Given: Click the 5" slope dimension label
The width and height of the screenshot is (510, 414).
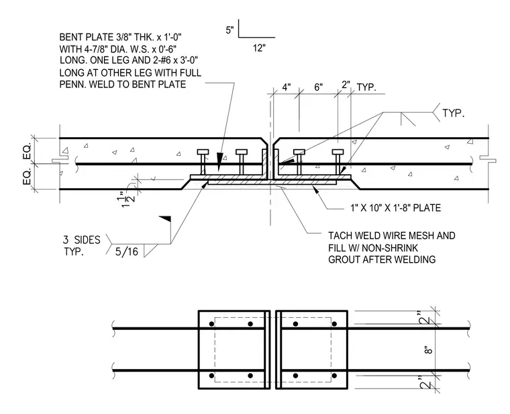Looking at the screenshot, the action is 229,30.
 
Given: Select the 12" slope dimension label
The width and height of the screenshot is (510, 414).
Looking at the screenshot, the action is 259,48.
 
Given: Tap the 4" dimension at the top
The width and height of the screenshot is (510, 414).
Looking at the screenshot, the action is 287,87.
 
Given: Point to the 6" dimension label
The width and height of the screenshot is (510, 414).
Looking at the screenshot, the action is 319,87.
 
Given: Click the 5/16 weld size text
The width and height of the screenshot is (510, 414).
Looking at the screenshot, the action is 127,251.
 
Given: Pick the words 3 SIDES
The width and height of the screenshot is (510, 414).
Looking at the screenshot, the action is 82,240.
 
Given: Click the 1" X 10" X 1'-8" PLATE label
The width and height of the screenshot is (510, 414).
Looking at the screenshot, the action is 395,208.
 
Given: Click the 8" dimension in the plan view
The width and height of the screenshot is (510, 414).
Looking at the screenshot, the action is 429,350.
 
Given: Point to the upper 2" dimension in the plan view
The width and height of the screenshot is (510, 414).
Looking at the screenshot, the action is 425,317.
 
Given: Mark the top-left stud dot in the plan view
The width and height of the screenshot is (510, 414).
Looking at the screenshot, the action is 212,324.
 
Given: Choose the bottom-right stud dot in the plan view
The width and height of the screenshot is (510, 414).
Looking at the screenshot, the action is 334,376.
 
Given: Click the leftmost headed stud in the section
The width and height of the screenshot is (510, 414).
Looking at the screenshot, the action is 203,162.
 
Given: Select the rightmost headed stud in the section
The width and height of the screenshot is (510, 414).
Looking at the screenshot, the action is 338,162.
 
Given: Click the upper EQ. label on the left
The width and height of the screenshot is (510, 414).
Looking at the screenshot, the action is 28,151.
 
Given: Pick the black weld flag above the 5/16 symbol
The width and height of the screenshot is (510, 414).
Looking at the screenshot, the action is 165,218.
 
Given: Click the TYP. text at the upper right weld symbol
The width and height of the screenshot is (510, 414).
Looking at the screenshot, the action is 454,114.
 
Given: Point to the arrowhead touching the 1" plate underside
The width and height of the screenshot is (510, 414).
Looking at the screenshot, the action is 315,190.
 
